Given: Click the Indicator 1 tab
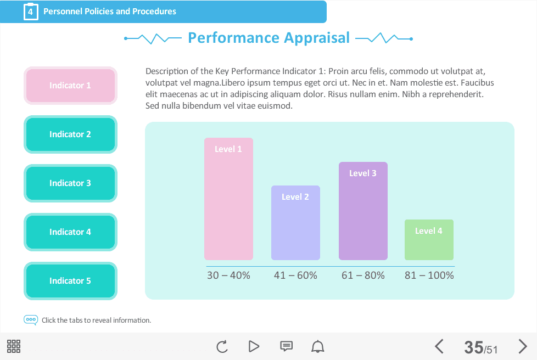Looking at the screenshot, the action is [x=70, y=86].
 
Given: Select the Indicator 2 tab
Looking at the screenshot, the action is [x=70, y=134].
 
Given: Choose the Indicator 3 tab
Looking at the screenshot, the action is [x=70, y=183].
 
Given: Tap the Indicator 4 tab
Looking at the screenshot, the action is [x=70, y=232].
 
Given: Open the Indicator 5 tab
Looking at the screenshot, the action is [x=70, y=281].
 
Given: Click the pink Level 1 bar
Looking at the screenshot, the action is [x=229, y=199].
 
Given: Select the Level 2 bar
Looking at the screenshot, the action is [x=295, y=223].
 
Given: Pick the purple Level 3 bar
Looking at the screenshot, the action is [x=363, y=211].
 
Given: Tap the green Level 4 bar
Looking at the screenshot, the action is [x=429, y=240].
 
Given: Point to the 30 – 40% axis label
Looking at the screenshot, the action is [x=228, y=275].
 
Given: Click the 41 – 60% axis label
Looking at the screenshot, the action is [x=295, y=275].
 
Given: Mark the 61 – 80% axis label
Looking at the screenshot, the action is [x=363, y=275].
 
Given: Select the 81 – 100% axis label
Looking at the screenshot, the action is [x=429, y=275].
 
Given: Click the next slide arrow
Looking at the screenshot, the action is [x=523, y=346].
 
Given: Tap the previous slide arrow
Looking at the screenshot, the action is [x=439, y=346].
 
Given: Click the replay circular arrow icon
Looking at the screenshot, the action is [x=222, y=347].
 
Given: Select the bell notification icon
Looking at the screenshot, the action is [x=317, y=346].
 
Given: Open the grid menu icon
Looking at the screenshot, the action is [x=14, y=346].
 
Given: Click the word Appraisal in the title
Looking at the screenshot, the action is [x=317, y=38].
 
